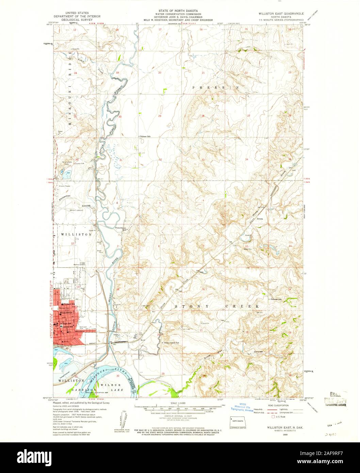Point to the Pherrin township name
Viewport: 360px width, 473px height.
[x=214, y=87]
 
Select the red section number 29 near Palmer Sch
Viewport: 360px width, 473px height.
[x=160, y=116]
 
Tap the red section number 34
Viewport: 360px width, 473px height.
[x=246, y=159]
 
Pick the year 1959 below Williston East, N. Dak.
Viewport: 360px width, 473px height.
[x=280, y=435]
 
